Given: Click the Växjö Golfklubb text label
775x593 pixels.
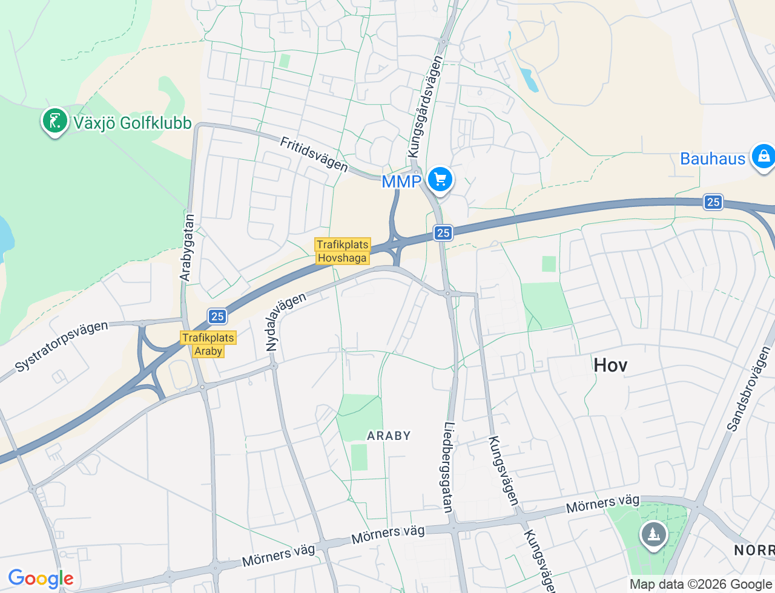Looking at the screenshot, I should [132, 123].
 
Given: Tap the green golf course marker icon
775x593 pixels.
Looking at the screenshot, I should [54, 120].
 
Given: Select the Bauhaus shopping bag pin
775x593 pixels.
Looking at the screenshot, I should [762, 157].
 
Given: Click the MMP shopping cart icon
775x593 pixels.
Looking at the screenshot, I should [440, 180].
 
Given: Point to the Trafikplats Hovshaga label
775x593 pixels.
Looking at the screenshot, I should [342, 251].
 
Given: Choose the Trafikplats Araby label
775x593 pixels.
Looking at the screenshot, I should [208, 344].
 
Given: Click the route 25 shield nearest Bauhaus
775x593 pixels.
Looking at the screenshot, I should [713, 202].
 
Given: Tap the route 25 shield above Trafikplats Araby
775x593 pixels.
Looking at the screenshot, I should [217, 316].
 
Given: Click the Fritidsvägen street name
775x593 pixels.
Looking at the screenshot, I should [314, 154].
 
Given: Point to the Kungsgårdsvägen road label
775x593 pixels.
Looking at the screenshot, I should [425, 106].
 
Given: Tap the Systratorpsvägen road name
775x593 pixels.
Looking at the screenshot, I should [61, 346].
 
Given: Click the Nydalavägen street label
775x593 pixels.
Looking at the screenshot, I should [286, 322].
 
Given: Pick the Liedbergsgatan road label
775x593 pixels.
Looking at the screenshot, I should [449, 467].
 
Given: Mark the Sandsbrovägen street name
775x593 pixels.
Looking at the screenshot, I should [749, 388].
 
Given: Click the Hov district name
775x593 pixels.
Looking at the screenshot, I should [610, 365].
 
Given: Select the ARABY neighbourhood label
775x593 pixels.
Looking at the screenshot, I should [389, 436].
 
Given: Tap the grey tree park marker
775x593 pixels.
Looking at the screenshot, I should [653, 534].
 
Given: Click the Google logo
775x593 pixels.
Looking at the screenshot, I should [41, 579].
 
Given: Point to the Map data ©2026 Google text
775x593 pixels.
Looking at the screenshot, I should [701, 584].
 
